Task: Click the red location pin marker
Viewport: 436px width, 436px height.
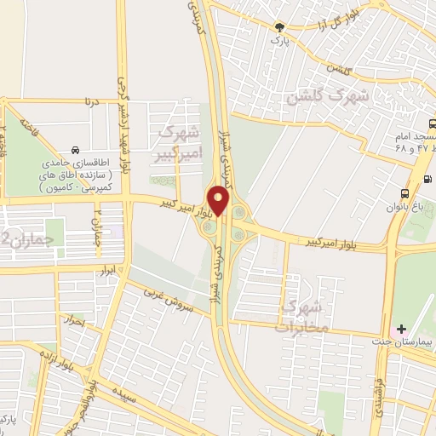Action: (x=220, y=199)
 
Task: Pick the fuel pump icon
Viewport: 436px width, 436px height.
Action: (x=426, y=180)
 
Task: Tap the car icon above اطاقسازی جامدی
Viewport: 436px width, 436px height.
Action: (x=77, y=149)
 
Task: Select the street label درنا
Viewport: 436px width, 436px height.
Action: (x=91, y=101)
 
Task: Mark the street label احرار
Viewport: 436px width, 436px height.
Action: (x=75, y=323)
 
